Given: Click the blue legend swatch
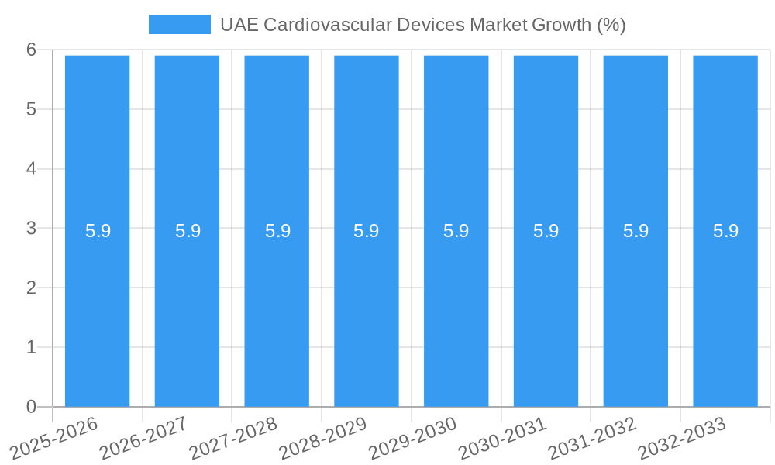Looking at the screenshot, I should tap(179, 25).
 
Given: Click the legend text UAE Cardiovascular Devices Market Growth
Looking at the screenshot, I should tap(422, 25).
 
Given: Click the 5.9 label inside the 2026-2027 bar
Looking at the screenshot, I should tap(188, 231).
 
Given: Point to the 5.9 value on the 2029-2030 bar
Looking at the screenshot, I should tap(456, 231).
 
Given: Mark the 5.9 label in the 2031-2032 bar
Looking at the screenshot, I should tap(635, 231).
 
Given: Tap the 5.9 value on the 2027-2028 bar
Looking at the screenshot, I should tap(277, 231).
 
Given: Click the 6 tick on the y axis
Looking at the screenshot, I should tap(31, 50).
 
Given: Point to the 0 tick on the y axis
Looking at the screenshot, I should tap(31, 407).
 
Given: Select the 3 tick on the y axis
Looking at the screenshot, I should tap(31, 229).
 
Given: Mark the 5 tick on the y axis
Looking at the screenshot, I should tap(31, 109).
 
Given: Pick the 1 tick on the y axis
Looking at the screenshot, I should tap(31, 347).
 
